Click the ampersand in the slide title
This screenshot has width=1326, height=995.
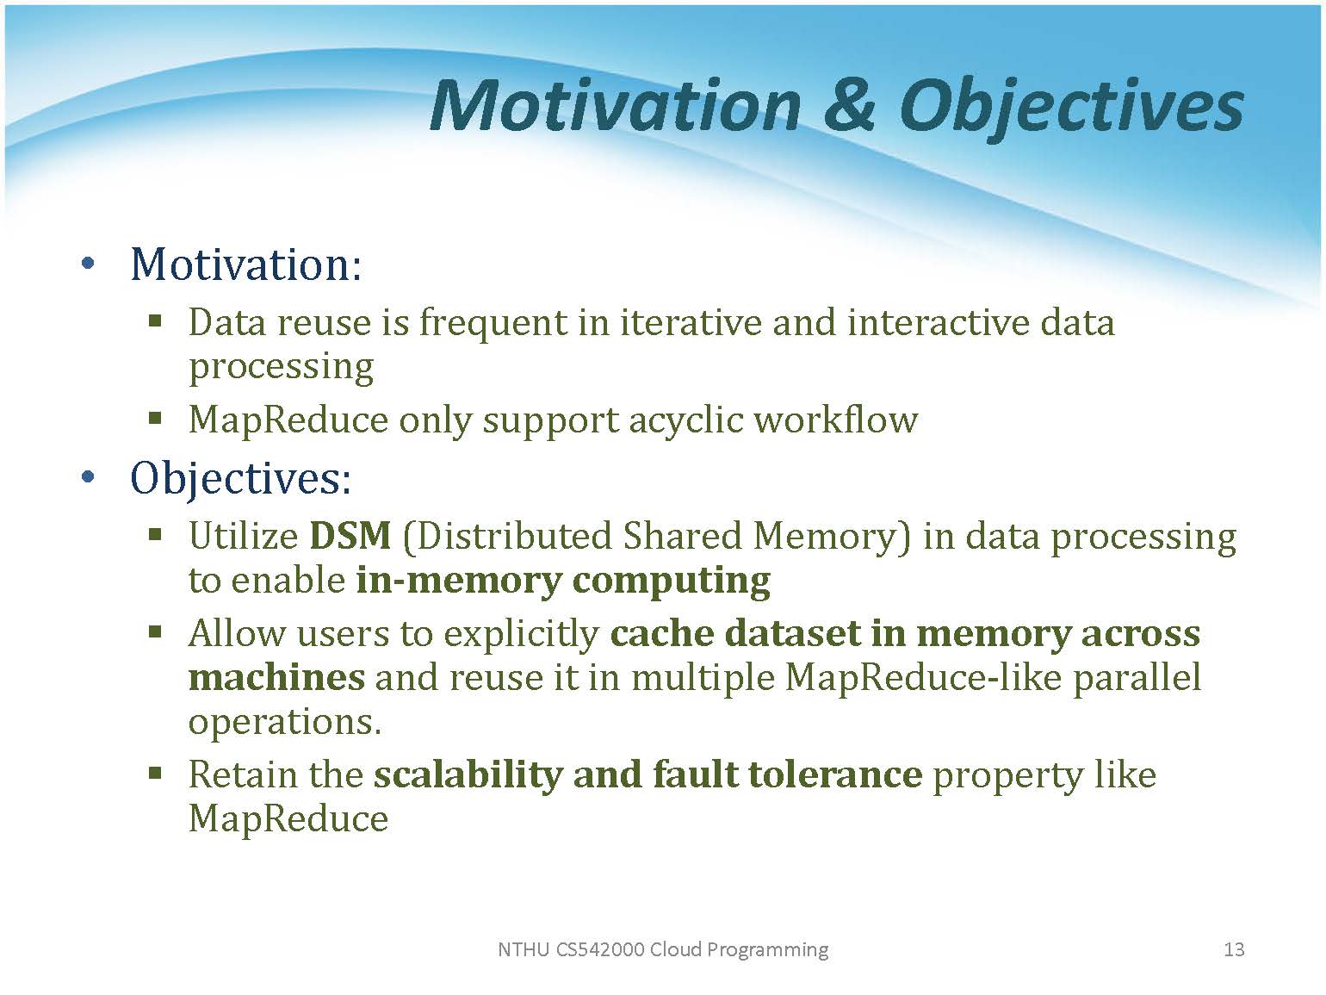[x=849, y=105]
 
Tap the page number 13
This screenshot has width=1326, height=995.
[x=1234, y=949]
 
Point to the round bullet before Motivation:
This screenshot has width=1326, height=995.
[x=88, y=264]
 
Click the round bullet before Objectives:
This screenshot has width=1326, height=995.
[x=88, y=477]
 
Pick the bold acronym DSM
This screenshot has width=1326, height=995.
[x=350, y=535]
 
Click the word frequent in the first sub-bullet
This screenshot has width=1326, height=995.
[x=493, y=322]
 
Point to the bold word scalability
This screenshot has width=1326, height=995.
[x=468, y=775]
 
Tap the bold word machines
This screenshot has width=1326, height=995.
[x=276, y=677]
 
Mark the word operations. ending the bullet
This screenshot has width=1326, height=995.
[x=285, y=723]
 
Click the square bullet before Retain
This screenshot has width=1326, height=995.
[x=155, y=773]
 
